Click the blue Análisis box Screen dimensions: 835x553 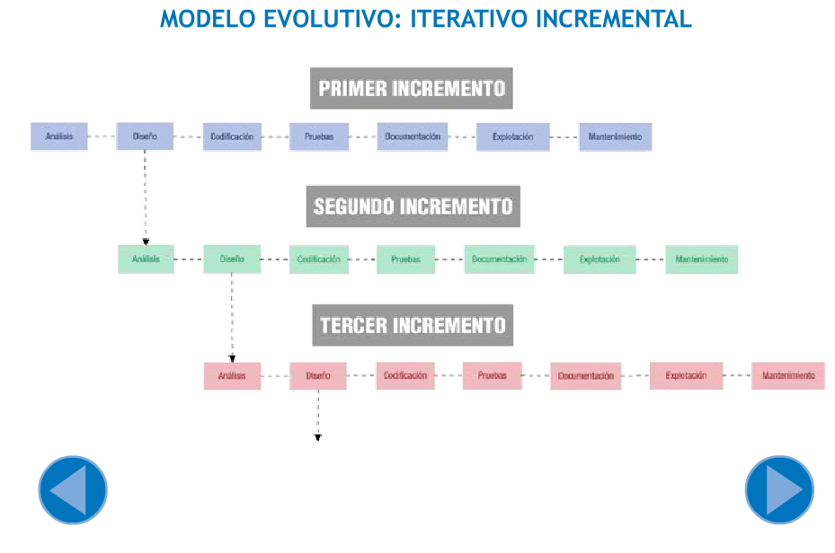click(59, 136)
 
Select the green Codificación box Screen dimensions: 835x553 click(319, 259)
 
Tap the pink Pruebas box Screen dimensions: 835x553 click(492, 376)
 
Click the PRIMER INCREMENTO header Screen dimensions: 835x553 click(412, 88)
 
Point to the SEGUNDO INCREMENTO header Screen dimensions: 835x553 click(413, 206)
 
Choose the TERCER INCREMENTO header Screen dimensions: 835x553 click(413, 325)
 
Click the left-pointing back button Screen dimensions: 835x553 click(73, 490)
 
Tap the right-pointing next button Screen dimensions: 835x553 click(779, 490)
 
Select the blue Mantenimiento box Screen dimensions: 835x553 click(615, 136)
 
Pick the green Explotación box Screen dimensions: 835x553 click(600, 259)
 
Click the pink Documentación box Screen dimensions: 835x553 click(586, 376)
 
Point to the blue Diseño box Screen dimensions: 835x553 click(145, 136)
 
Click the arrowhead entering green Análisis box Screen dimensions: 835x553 click(146, 242)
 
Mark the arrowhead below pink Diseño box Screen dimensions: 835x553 click(318, 437)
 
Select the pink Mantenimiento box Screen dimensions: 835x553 click(788, 376)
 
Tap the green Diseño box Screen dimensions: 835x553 click(232, 259)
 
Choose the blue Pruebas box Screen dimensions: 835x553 click(319, 136)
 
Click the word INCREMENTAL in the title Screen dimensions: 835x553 click(614, 19)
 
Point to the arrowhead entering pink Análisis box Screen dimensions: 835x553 click(232, 359)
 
